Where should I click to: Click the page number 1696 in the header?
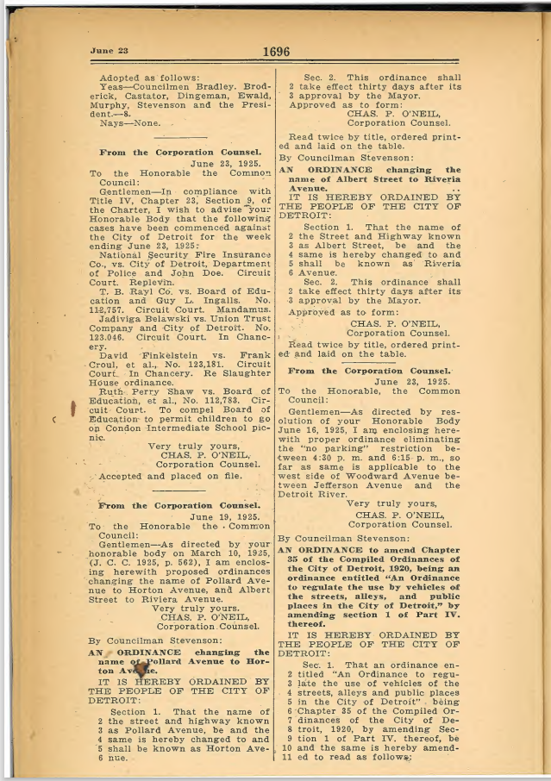[275, 52]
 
